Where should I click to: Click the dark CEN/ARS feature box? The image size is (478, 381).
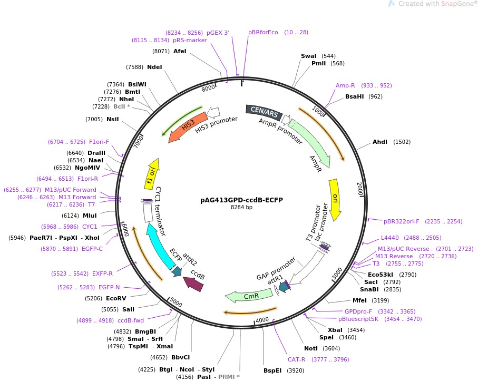point(264,112)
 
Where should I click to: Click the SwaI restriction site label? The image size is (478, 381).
point(309,55)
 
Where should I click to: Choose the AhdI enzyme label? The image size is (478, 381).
point(380,142)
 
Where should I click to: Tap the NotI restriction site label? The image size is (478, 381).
point(311,348)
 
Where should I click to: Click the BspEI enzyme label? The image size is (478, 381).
point(274,370)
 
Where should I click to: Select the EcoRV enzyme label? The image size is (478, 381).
point(116,298)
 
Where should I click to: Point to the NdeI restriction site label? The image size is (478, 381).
point(155,67)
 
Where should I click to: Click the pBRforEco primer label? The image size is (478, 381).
point(263,32)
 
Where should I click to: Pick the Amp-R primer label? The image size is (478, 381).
point(345,85)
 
